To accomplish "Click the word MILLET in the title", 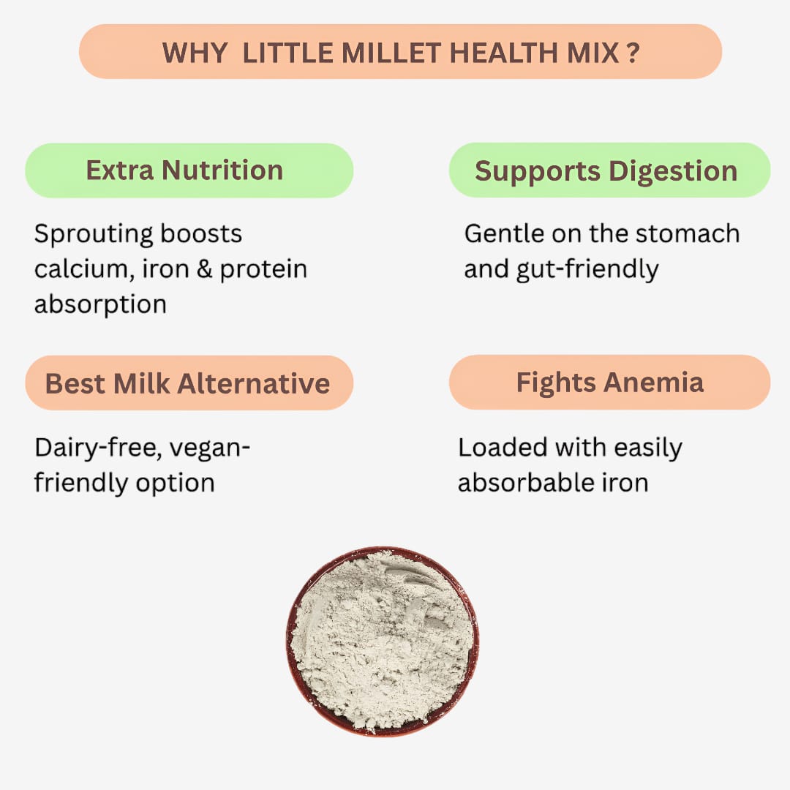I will coord(356,53).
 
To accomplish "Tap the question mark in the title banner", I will coord(632,53).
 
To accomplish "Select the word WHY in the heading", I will coord(194,53).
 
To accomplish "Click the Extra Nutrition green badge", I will coord(189,170).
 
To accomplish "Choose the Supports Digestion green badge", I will coord(609,170).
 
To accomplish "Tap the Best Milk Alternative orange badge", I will coord(189,383).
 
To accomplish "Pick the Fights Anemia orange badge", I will coord(609,383).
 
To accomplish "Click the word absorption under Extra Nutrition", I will coord(100,304).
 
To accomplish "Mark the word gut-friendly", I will coord(585,269).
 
